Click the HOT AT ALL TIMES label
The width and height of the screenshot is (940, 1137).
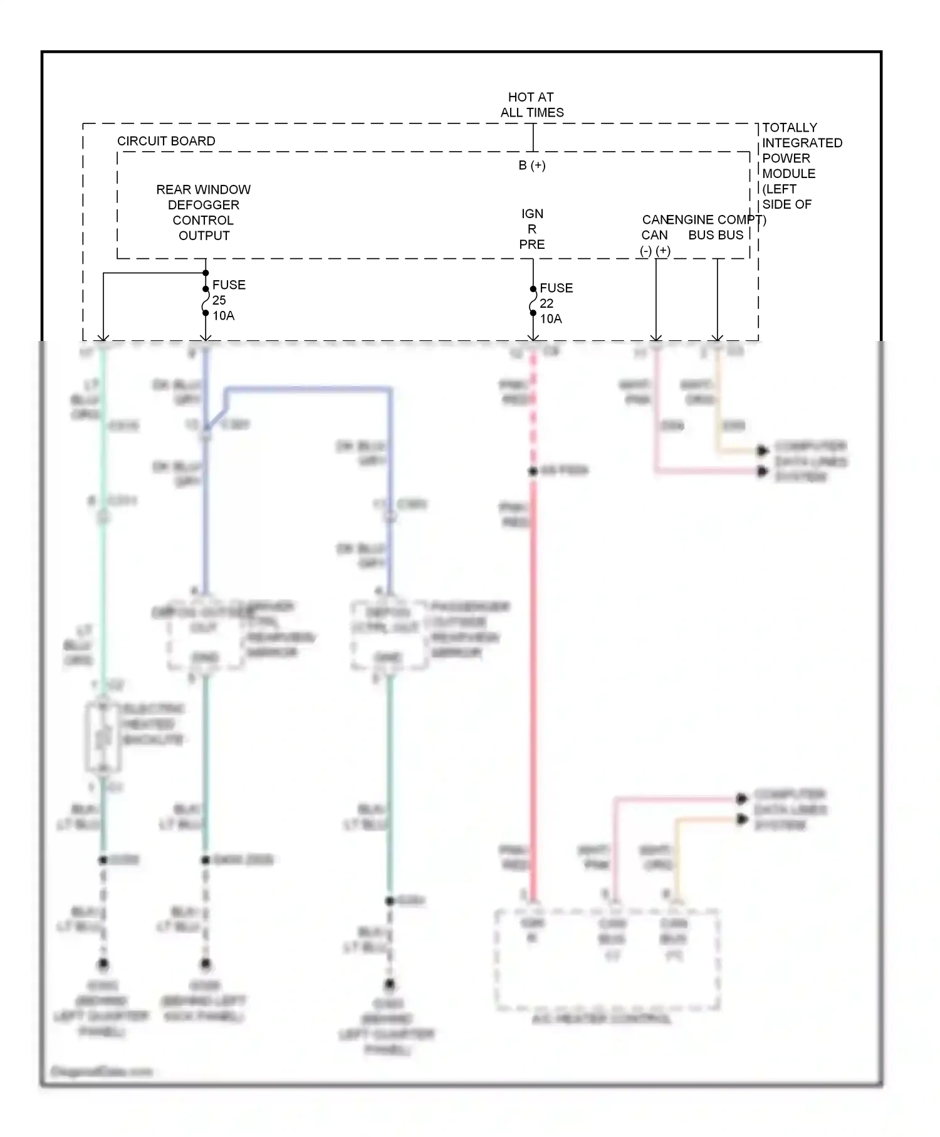tap(531, 105)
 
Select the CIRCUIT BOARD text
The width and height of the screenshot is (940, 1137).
tap(166, 141)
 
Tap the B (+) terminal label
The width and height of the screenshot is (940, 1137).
tap(532, 165)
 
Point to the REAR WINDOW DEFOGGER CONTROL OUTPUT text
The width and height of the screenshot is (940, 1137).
tap(204, 212)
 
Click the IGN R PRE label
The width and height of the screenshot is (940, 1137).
tap(532, 229)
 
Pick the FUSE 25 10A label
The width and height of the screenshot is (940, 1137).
tap(228, 300)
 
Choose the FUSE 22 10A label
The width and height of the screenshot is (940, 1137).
tap(556, 303)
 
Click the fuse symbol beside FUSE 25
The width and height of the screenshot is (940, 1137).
tap(206, 301)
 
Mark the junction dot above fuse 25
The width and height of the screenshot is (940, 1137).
tap(206, 273)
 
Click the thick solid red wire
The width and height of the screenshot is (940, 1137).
tap(533, 689)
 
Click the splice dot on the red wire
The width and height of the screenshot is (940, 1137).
tap(533, 471)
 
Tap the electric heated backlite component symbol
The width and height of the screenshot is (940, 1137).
tap(103, 738)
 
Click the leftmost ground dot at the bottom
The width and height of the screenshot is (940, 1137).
tap(103, 964)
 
